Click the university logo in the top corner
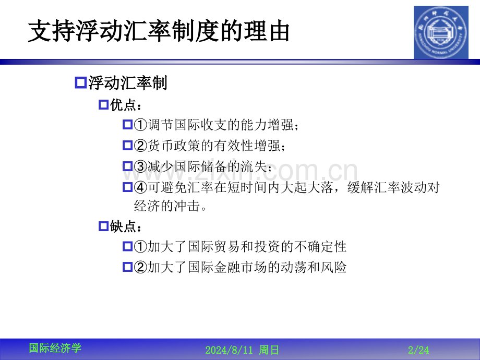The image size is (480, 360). pos(441,32)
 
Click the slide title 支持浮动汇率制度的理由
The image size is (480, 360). pos(159,31)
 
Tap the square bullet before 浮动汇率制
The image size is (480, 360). pos(80,83)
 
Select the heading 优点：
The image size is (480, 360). pos(126,105)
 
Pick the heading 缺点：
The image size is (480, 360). pos(126,226)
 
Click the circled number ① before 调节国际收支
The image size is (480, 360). pos(140,125)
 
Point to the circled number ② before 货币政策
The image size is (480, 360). pos(140,146)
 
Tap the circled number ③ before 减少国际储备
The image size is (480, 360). pos(140,166)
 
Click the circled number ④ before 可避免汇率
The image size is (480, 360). pos(140,187)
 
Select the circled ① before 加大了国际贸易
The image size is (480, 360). pos(140,246)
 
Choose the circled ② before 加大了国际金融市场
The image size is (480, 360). pos(140,267)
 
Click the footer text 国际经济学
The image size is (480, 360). pos(55,348)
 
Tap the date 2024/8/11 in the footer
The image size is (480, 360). pos(229,350)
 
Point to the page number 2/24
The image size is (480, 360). pos(418,350)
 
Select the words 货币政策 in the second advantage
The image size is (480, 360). pos(174,146)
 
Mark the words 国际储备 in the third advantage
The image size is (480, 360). pos(201,166)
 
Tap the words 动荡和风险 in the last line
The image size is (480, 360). pos(314,267)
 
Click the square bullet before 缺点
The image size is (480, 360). pos(104,226)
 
